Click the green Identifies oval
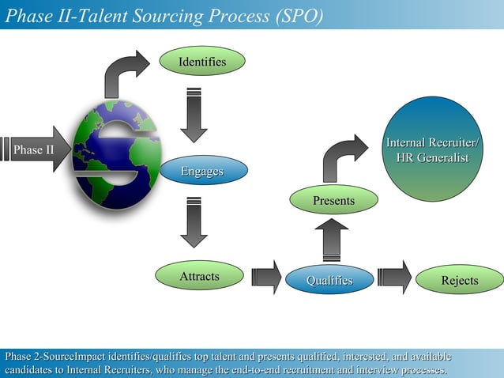(x=202, y=62)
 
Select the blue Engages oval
(x=203, y=171)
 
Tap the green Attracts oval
(x=199, y=277)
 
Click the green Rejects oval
(x=459, y=281)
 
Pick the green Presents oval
(x=333, y=201)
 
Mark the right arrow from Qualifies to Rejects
(x=394, y=277)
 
